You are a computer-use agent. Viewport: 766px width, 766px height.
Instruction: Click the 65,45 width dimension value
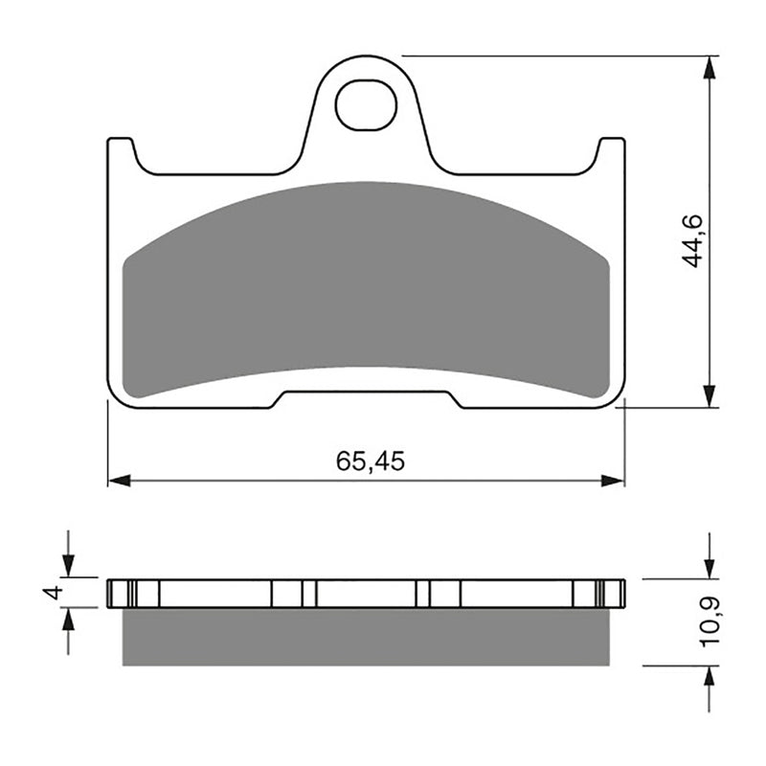(371, 462)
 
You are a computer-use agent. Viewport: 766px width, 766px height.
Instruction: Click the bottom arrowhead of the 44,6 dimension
(709, 396)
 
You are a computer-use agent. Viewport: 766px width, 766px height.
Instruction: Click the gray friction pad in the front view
(367, 287)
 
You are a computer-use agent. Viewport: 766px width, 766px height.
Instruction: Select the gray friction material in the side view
(367, 637)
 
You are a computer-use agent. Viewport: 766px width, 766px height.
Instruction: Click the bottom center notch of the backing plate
(367, 398)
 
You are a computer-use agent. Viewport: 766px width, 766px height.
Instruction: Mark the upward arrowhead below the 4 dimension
(67, 619)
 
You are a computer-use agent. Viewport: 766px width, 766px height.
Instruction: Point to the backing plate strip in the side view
(367, 593)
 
